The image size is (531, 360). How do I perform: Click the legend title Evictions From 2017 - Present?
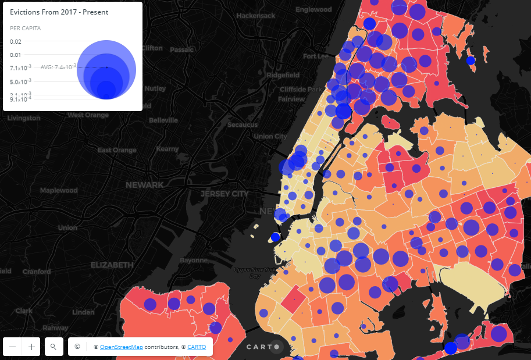pyautogui.click(x=59, y=12)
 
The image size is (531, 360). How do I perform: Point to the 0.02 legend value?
pyautogui.click(x=16, y=41)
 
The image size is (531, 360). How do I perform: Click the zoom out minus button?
pyautogui.click(x=13, y=347)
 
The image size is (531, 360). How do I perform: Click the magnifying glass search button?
pyautogui.click(x=53, y=347)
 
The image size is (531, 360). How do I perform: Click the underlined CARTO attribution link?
pyautogui.click(x=197, y=347)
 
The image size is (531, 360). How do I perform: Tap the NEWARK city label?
pyautogui.click(x=145, y=185)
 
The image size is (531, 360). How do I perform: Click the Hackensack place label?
pyautogui.click(x=256, y=16)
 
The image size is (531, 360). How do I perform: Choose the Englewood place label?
pyautogui.click(x=313, y=10)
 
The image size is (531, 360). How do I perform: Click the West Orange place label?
pyautogui.click(x=88, y=115)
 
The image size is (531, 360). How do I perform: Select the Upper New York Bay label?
pyautogui.click(x=255, y=273)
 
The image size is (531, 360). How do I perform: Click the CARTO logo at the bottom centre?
pyautogui.click(x=263, y=347)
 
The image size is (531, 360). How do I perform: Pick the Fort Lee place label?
pyautogui.click(x=316, y=56)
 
